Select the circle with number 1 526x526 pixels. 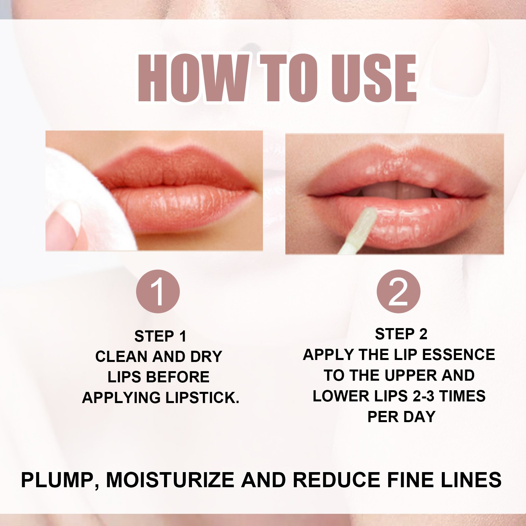click(x=158, y=291)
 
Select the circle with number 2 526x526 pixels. click(x=398, y=291)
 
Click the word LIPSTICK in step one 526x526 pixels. click(x=202, y=398)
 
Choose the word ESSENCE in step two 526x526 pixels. click(x=458, y=355)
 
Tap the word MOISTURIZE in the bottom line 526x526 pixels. click(x=170, y=480)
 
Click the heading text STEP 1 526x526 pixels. click(x=160, y=336)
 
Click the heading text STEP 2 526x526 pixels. click(x=401, y=334)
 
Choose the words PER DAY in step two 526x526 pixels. click(x=401, y=417)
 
